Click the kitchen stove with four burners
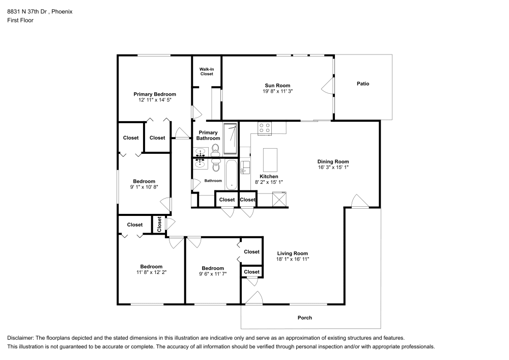coord(264,128)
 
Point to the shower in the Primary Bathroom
coord(231,139)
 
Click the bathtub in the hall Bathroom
coord(231,174)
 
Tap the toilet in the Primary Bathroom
coord(215,149)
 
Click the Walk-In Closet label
coord(206,71)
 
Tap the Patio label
coord(363,84)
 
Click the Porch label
coord(305,318)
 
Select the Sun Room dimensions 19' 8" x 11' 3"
coord(277,91)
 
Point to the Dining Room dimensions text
coord(333,167)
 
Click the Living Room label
coord(292,253)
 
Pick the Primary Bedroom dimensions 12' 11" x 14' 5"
coord(155,100)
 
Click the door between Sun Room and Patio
coord(326,85)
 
